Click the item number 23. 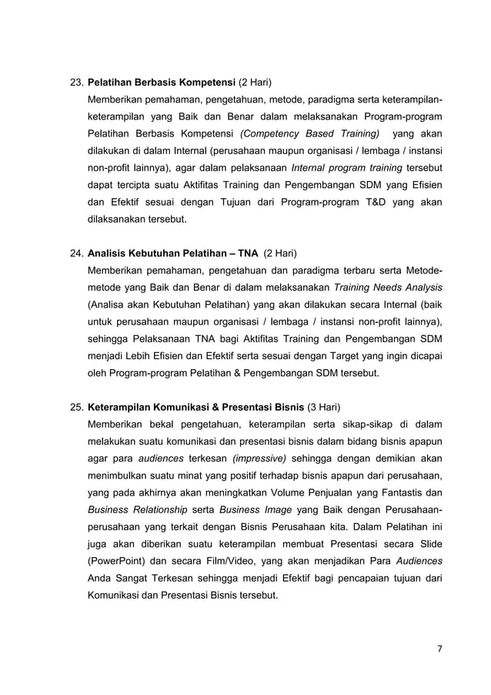point(77,81)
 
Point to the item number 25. point(77,406)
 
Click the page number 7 point(439,649)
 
